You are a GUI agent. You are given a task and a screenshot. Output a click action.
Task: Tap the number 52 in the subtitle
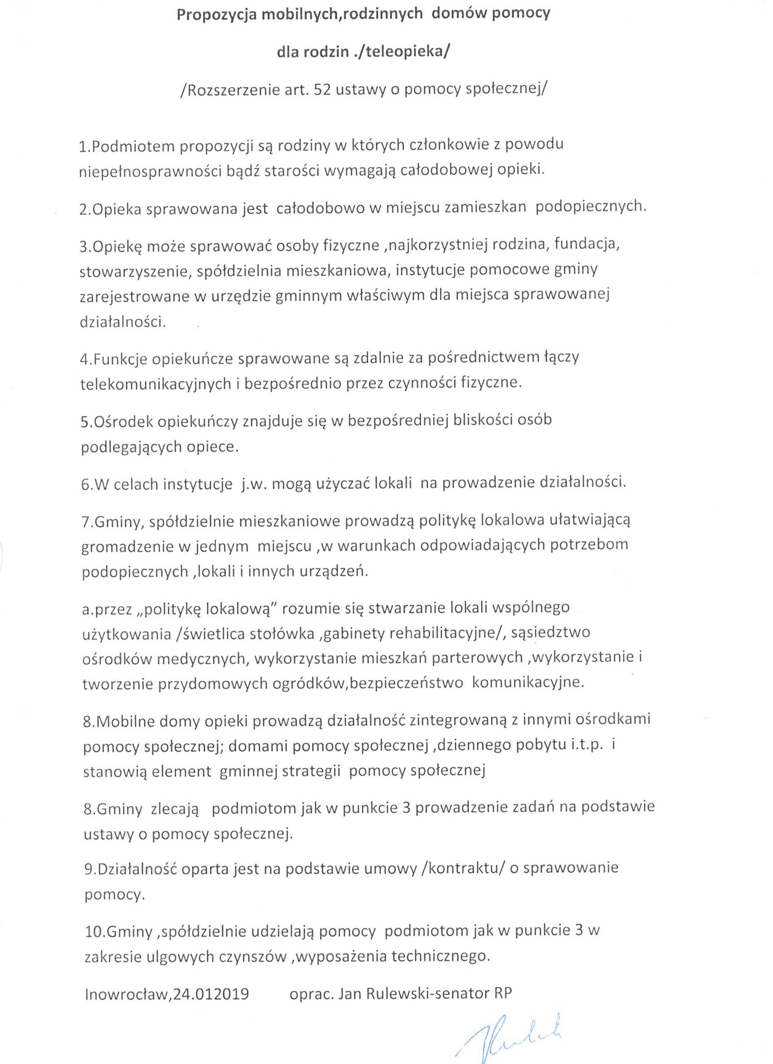(x=321, y=90)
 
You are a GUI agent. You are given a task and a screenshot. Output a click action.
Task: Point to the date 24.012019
(x=211, y=993)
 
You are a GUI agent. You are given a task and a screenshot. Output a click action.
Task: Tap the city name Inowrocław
(x=127, y=993)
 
